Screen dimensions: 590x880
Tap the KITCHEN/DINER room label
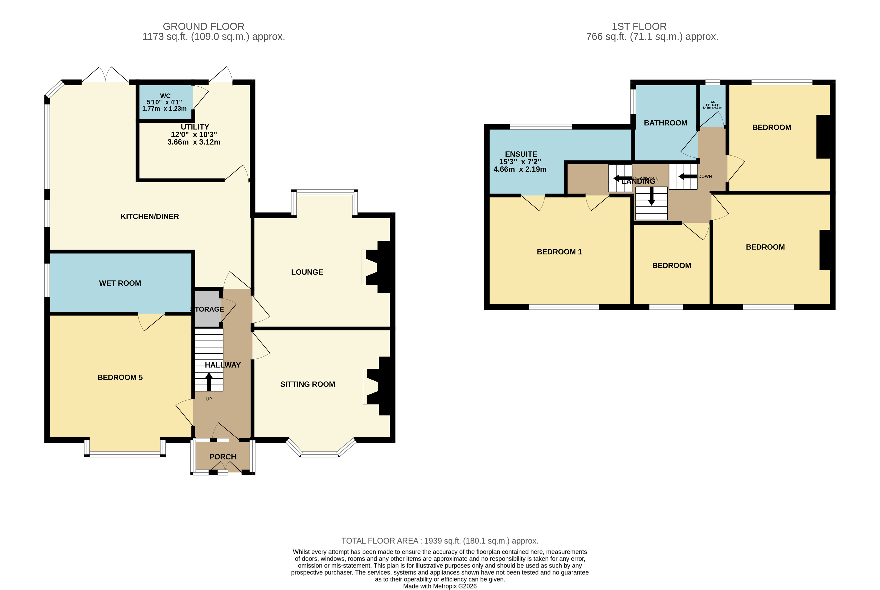pos(150,216)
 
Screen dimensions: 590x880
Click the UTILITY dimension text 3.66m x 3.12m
pos(194,142)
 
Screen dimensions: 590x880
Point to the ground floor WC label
pos(165,96)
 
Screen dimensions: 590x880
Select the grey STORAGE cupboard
pos(207,309)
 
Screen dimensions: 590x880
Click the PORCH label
pos(223,457)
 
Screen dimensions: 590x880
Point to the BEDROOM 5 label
pos(120,377)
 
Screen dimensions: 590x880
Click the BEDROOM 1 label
pos(559,252)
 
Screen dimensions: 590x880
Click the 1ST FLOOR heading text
pos(639,27)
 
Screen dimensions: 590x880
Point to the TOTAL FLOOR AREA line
pos(440,541)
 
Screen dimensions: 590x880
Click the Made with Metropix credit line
pos(440,586)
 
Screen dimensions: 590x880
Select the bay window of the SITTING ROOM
pos(320,453)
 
